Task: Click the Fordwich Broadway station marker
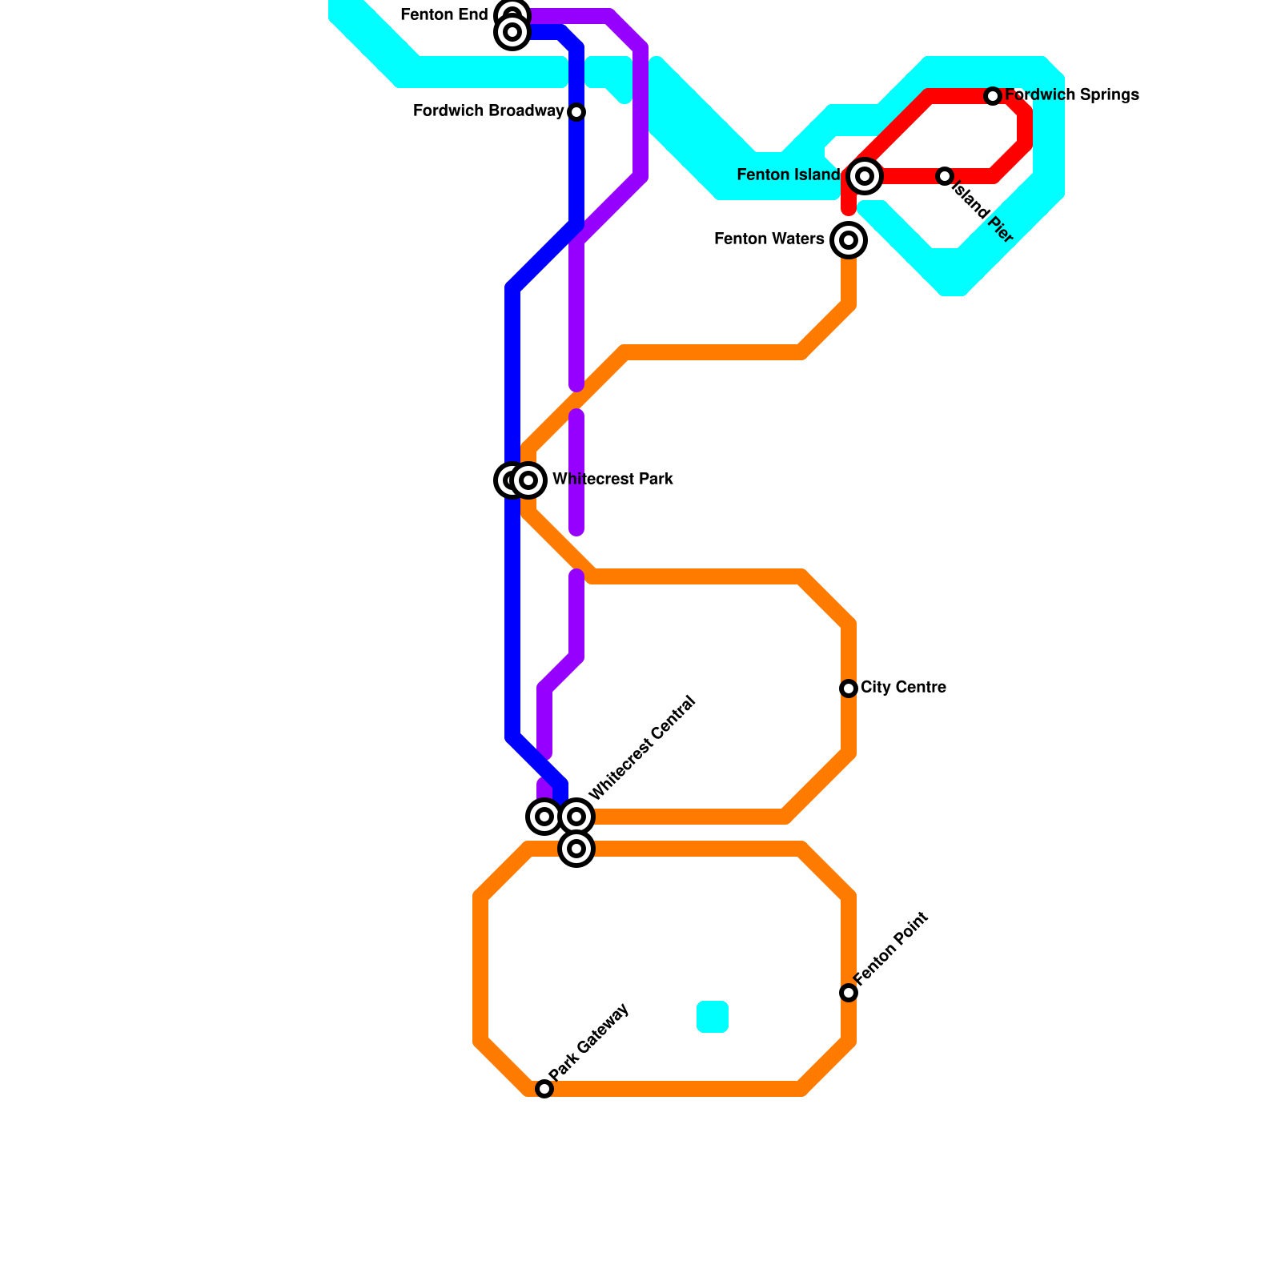pyautogui.click(x=576, y=112)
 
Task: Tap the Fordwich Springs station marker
pyautogui.click(x=993, y=96)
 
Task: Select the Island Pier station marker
pyautogui.click(x=945, y=176)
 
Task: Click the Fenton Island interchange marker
pyautogui.click(x=864, y=176)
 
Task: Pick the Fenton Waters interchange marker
pyautogui.click(x=849, y=240)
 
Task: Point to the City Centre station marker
pyautogui.click(x=849, y=689)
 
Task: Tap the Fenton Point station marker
pyautogui.click(x=849, y=993)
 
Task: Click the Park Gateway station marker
pyautogui.click(x=544, y=1089)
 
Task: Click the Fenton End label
pyautogui.click(x=444, y=15)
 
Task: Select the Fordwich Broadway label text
pyautogui.click(x=488, y=111)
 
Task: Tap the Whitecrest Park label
pyautogui.click(x=612, y=480)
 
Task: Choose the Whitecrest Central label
pyautogui.click(x=642, y=749)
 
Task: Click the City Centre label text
pyautogui.click(x=903, y=688)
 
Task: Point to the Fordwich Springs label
pyautogui.click(x=1071, y=95)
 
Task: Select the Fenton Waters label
pyautogui.click(x=769, y=239)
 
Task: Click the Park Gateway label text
pyautogui.click(x=589, y=1041)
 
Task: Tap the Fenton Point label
pyautogui.click(x=890, y=949)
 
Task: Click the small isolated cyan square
pyautogui.click(x=713, y=1017)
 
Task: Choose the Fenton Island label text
pyautogui.click(x=788, y=175)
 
